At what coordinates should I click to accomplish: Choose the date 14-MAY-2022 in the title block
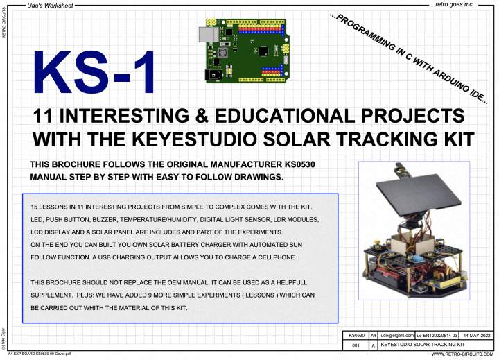476,335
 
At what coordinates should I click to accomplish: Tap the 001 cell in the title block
356,345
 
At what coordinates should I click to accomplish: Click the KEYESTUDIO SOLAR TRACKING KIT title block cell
423,345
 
